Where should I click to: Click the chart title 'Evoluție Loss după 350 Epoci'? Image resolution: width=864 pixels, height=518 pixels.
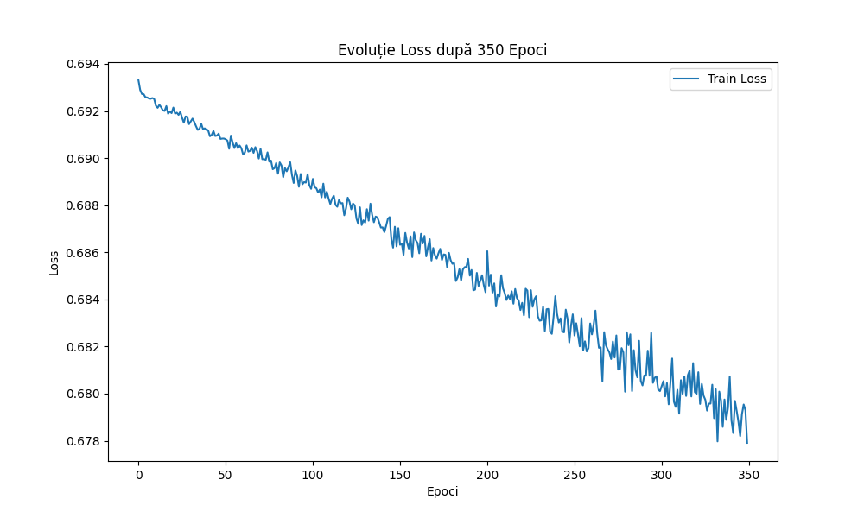(442, 50)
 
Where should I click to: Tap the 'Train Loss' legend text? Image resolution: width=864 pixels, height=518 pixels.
(737, 79)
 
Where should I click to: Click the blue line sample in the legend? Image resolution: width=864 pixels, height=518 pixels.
(687, 79)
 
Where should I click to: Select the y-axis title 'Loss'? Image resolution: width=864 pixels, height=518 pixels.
(54, 262)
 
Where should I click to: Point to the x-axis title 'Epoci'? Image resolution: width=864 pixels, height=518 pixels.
(442, 491)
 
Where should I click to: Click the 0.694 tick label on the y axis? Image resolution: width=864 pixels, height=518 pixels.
(85, 65)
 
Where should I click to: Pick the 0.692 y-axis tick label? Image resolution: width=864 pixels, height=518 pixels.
(85, 112)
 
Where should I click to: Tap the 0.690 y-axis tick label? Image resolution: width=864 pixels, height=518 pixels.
(85, 159)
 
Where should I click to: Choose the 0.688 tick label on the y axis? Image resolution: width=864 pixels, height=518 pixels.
(85, 206)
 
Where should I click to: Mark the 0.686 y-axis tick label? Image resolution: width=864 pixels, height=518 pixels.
(85, 253)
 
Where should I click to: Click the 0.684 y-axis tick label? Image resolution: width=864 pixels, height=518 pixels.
(85, 300)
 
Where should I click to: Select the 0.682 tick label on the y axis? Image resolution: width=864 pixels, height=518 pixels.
(85, 347)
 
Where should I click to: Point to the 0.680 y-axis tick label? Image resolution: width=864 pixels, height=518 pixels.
(85, 395)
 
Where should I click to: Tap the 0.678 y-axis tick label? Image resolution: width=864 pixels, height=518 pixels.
(85, 441)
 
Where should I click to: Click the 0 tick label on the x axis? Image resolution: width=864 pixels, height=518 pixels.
(138, 475)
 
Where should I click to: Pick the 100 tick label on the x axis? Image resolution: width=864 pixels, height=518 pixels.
(313, 475)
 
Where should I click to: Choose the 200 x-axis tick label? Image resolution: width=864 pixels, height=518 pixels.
(487, 475)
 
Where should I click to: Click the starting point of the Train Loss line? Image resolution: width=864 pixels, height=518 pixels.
(138, 80)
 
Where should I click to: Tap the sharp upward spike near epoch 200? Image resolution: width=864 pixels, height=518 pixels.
(487, 251)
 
